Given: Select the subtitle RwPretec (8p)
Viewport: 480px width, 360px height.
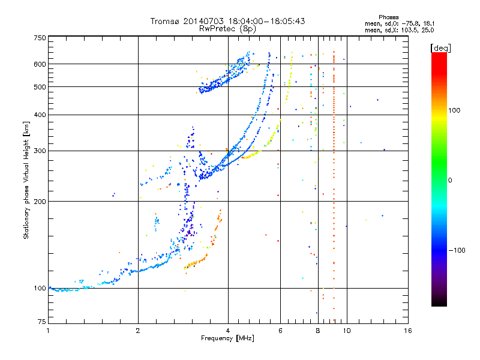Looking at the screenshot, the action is [227, 29].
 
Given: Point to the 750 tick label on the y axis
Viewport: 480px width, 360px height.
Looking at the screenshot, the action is [40, 38].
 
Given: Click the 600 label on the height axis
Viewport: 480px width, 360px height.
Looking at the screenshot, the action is [40, 64].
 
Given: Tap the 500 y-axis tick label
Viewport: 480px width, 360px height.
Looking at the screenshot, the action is [40, 87].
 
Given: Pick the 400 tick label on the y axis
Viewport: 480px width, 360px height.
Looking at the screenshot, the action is [40, 115].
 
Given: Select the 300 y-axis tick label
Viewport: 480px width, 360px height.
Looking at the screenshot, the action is [40, 151].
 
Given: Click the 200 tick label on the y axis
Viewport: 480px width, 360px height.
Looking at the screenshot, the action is [40, 202].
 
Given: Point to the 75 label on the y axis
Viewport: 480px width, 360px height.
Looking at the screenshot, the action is [42, 322].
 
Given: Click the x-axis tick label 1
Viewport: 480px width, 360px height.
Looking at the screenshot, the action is [48, 331].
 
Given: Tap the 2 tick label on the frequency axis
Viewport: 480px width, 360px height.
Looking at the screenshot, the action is [138, 331].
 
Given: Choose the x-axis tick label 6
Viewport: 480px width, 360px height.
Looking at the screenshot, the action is [280, 331].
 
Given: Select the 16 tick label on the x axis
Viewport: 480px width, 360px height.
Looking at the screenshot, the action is [408, 331].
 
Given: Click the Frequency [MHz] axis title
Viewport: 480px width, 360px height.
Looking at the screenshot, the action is [227, 338].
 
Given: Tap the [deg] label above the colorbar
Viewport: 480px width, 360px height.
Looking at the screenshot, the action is [440, 48].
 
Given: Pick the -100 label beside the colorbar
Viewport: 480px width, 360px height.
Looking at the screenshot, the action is [457, 250].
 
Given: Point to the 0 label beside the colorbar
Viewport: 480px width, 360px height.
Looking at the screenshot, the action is [450, 181].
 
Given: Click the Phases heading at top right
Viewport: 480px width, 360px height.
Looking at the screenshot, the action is [388, 17].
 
